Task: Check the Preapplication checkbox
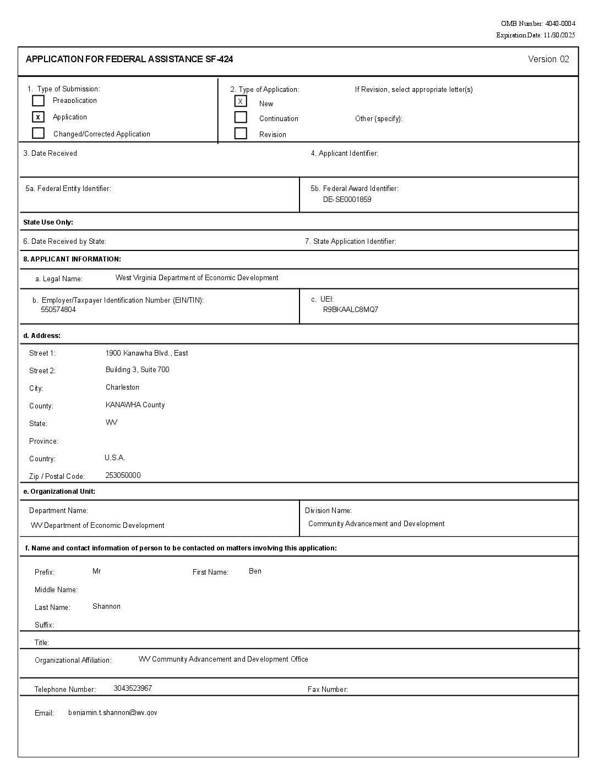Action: click(38, 101)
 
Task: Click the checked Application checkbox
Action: click(38, 117)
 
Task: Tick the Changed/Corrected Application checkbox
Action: click(38, 133)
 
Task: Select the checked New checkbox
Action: click(241, 101)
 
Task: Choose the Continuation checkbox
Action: click(241, 117)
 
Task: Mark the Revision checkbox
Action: click(241, 133)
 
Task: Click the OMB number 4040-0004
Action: click(560, 24)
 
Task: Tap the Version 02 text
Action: click(548, 59)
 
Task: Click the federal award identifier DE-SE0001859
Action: click(347, 199)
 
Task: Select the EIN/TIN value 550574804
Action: click(58, 310)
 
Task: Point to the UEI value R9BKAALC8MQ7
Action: click(351, 309)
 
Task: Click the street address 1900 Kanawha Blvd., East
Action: click(146, 353)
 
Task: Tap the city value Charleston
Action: click(122, 387)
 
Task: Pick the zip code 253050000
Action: click(123, 475)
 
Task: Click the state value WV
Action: click(111, 422)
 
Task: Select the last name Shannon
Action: click(106, 606)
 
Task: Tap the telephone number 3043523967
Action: click(133, 688)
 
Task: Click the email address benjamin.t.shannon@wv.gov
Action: click(112, 712)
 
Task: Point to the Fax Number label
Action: click(328, 689)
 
